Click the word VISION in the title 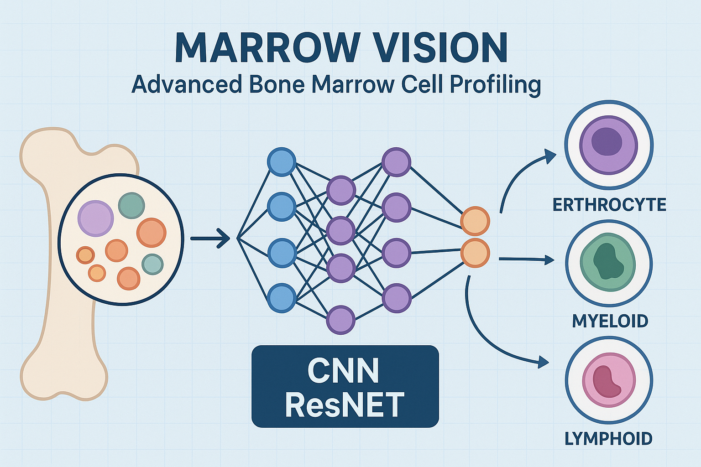(x=438, y=47)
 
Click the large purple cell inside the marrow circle (x=95, y=218)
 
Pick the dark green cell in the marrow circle (x=131, y=206)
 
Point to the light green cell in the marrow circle (x=152, y=264)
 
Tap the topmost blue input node (x=282, y=162)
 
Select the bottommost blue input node (x=282, y=298)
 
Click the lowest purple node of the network (x=340, y=320)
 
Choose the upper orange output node (x=475, y=221)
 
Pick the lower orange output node (x=475, y=253)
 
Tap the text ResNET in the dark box (x=345, y=405)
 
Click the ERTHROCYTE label (x=609, y=205)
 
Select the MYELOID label (x=610, y=321)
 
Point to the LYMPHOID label (x=609, y=439)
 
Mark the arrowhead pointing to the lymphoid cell (x=543, y=363)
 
